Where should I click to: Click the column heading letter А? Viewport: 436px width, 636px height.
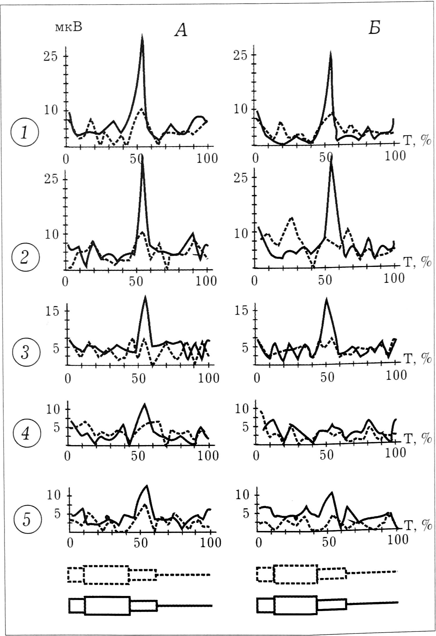tap(181, 30)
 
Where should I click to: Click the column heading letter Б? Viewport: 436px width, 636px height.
tap(374, 28)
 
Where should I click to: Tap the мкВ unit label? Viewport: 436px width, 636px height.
tap(69, 27)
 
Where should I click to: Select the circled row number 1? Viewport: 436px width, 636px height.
tap(24, 133)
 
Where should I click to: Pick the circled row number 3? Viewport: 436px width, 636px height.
tap(26, 353)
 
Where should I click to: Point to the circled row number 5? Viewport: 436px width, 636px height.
tap(26, 519)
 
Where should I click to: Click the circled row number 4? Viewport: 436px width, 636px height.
tap(26, 434)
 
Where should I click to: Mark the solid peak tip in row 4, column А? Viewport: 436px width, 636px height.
tap(144, 404)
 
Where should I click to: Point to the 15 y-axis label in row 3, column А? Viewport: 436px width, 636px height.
tap(52, 311)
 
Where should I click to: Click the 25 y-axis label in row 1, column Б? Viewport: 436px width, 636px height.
tap(241, 55)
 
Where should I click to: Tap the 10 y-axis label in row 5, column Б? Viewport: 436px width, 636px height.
tap(242, 495)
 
